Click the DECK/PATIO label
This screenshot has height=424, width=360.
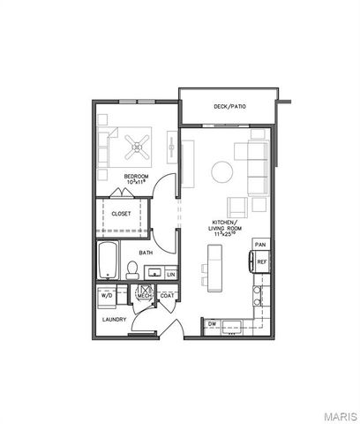click(x=229, y=107)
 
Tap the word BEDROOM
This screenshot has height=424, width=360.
click(x=136, y=177)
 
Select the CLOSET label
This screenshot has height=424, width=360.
click(x=122, y=214)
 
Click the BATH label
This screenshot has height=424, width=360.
click(x=146, y=253)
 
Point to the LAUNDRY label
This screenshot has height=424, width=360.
click(x=114, y=319)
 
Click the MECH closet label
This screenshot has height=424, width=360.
click(x=144, y=296)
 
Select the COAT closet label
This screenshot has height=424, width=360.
click(x=165, y=296)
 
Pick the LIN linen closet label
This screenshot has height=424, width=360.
click(x=170, y=275)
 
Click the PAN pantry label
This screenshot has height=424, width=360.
click(x=260, y=244)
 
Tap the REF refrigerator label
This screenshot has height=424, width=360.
click(x=261, y=261)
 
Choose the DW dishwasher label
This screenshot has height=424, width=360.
click(x=213, y=325)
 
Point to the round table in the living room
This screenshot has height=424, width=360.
click(x=221, y=171)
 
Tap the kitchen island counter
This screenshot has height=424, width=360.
click(x=214, y=265)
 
